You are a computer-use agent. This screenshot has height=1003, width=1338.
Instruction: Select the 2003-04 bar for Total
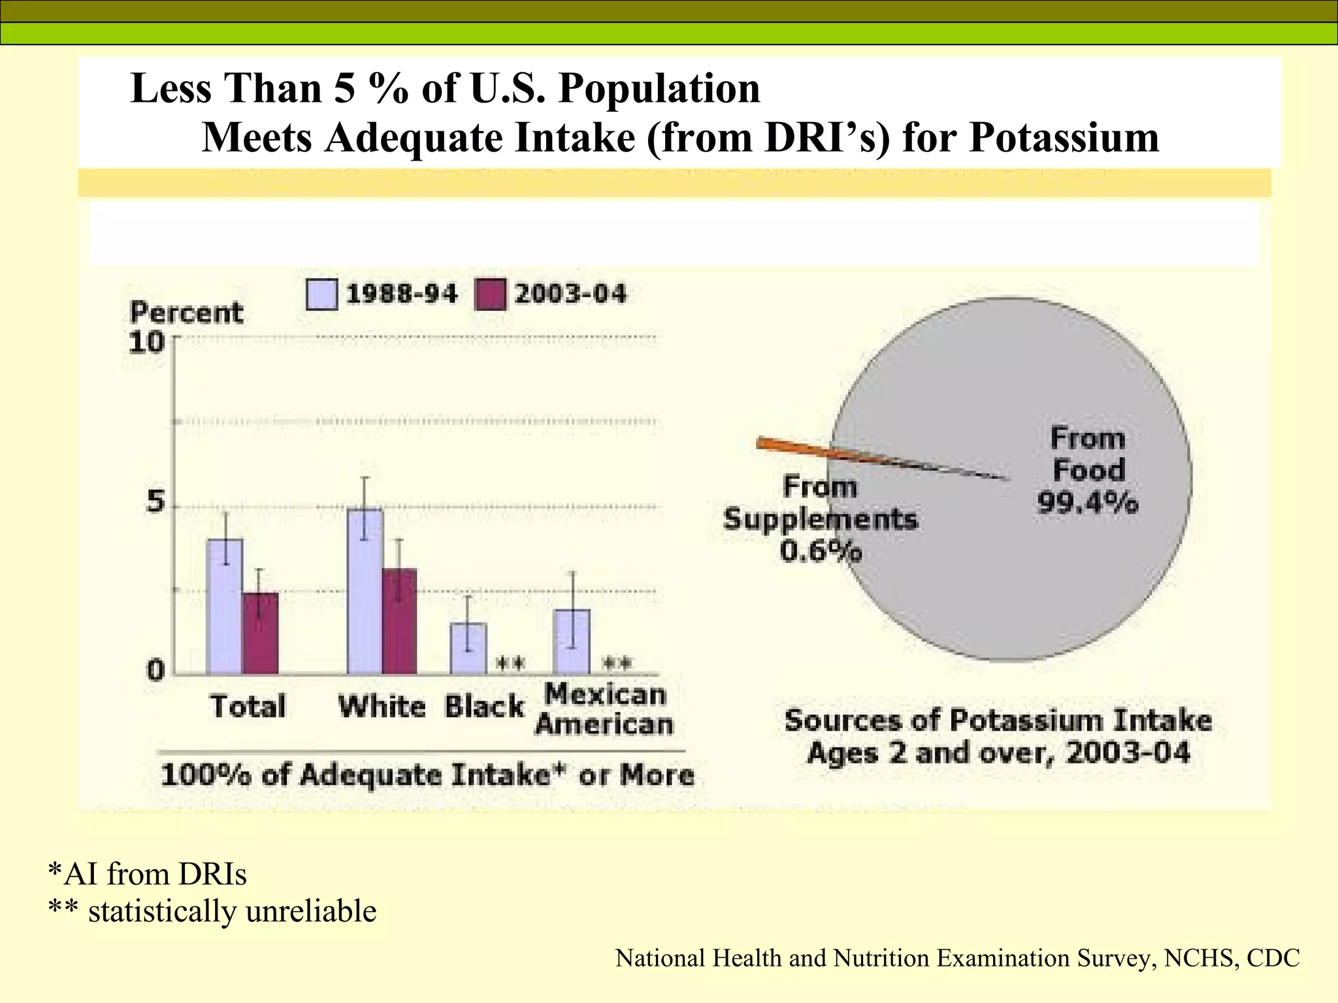click(x=260, y=633)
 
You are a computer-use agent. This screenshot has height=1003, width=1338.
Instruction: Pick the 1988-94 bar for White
click(x=365, y=591)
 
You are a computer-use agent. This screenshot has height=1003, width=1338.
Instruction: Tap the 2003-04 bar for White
click(x=399, y=621)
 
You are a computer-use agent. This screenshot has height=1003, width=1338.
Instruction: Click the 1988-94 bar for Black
click(x=468, y=648)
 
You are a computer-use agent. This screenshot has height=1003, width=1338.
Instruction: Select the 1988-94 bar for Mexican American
click(x=572, y=641)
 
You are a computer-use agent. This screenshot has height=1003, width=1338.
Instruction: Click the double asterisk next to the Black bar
click(x=510, y=664)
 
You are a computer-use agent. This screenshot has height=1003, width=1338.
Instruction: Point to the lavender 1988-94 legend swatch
click(x=321, y=295)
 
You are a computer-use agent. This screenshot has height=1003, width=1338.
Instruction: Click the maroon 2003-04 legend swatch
click(x=489, y=295)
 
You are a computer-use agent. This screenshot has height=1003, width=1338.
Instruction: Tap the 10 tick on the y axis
click(x=146, y=342)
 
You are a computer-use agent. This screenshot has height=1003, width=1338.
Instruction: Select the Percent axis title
click(x=186, y=313)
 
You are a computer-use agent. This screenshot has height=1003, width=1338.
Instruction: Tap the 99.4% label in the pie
click(x=1088, y=503)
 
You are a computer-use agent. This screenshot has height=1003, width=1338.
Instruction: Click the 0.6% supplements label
click(x=821, y=552)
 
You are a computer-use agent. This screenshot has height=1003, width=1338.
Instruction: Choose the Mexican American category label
click(x=604, y=709)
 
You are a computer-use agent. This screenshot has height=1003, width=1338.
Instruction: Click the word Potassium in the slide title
click(x=1064, y=138)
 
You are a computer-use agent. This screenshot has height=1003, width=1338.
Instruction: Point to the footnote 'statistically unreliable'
click(x=232, y=911)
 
